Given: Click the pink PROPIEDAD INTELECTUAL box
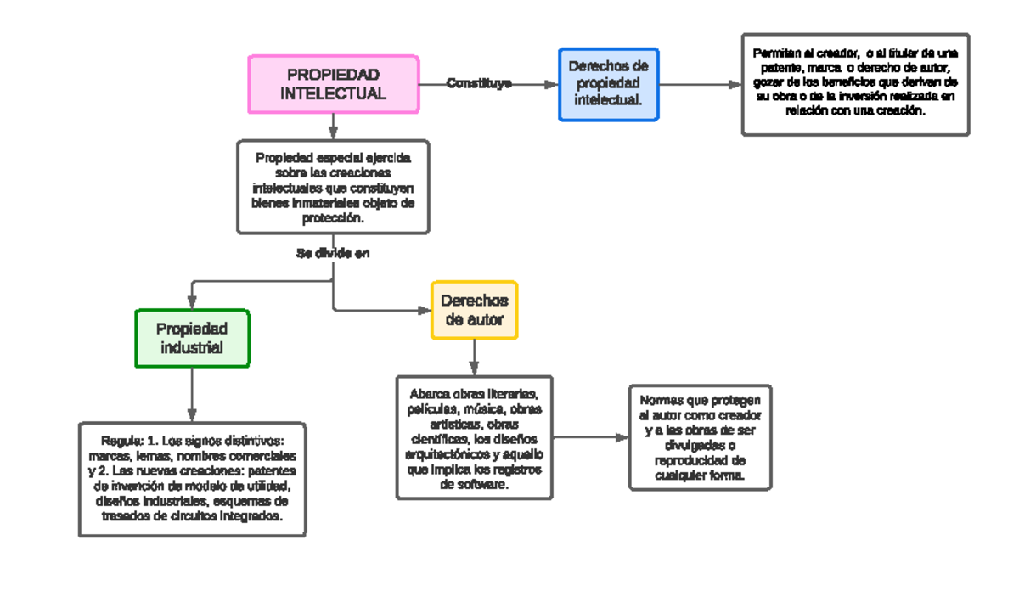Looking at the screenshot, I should click(333, 84).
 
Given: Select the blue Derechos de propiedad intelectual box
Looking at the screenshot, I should click(608, 84).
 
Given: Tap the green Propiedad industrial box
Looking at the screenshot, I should click(193, 338).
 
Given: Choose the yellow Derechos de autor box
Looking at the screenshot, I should click(474, 310).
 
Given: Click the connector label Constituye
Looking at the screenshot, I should click(479, 83).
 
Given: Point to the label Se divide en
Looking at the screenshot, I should click(333, 253).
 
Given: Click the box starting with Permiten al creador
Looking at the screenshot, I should click(855, 84).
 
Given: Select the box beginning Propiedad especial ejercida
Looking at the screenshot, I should click(333, 187).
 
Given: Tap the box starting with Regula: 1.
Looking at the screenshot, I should click(192, 479).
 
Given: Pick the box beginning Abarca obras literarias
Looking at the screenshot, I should click(474, 437).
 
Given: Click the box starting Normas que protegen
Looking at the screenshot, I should click(700, 437).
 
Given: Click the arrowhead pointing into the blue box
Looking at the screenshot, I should click(551, 84).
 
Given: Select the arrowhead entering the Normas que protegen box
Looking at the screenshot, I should click(622, 437).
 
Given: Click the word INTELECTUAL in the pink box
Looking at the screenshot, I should click(333, 93).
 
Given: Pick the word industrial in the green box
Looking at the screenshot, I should click(193, 347).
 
